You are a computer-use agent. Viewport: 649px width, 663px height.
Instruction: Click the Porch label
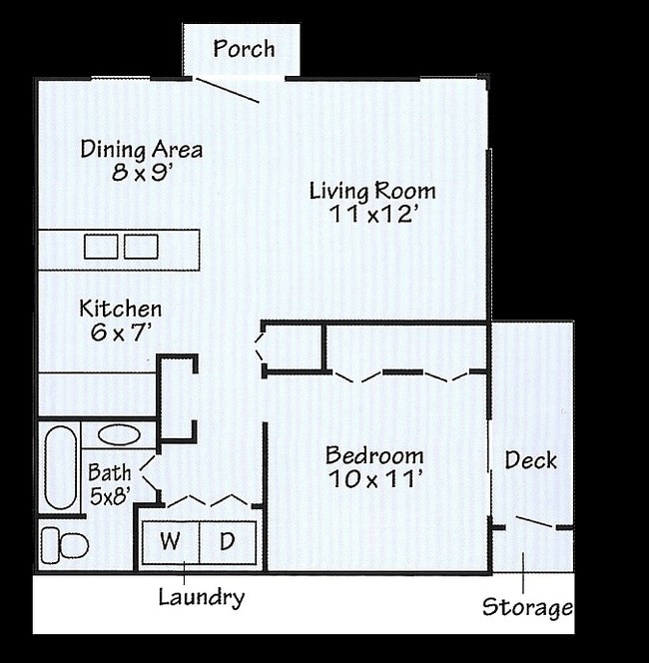(x=244, y=49)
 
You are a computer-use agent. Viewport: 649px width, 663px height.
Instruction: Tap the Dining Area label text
(x=142, y=150)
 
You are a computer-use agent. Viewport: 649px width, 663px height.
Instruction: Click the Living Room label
(x=372, y=191)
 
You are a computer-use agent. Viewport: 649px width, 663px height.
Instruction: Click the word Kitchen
(x=120, y=309)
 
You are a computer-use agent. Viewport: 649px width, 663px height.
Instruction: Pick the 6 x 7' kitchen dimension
(x=120, y=332)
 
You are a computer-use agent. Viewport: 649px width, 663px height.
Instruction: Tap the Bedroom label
(x=374, y=456)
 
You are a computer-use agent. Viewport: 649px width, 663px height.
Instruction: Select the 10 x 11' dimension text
(x=374, y=479)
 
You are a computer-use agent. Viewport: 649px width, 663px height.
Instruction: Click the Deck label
(x=530, y=460)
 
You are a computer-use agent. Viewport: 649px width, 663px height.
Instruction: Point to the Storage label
(x=527, y=607)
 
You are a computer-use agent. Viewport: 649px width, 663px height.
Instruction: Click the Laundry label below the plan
(x=201, y=597)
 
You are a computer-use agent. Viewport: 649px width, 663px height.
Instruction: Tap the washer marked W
(x=171, y=542)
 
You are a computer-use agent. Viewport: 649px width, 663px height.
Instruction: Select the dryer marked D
(x=228, y=542)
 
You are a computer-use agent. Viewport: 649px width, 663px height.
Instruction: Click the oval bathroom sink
(x=119, y=435)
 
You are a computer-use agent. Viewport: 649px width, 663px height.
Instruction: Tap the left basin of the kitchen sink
(x=101, y=246)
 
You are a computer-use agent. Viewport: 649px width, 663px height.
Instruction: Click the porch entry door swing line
(x=227, y=90)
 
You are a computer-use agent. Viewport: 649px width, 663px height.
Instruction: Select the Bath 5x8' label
(x=109, y=482)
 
